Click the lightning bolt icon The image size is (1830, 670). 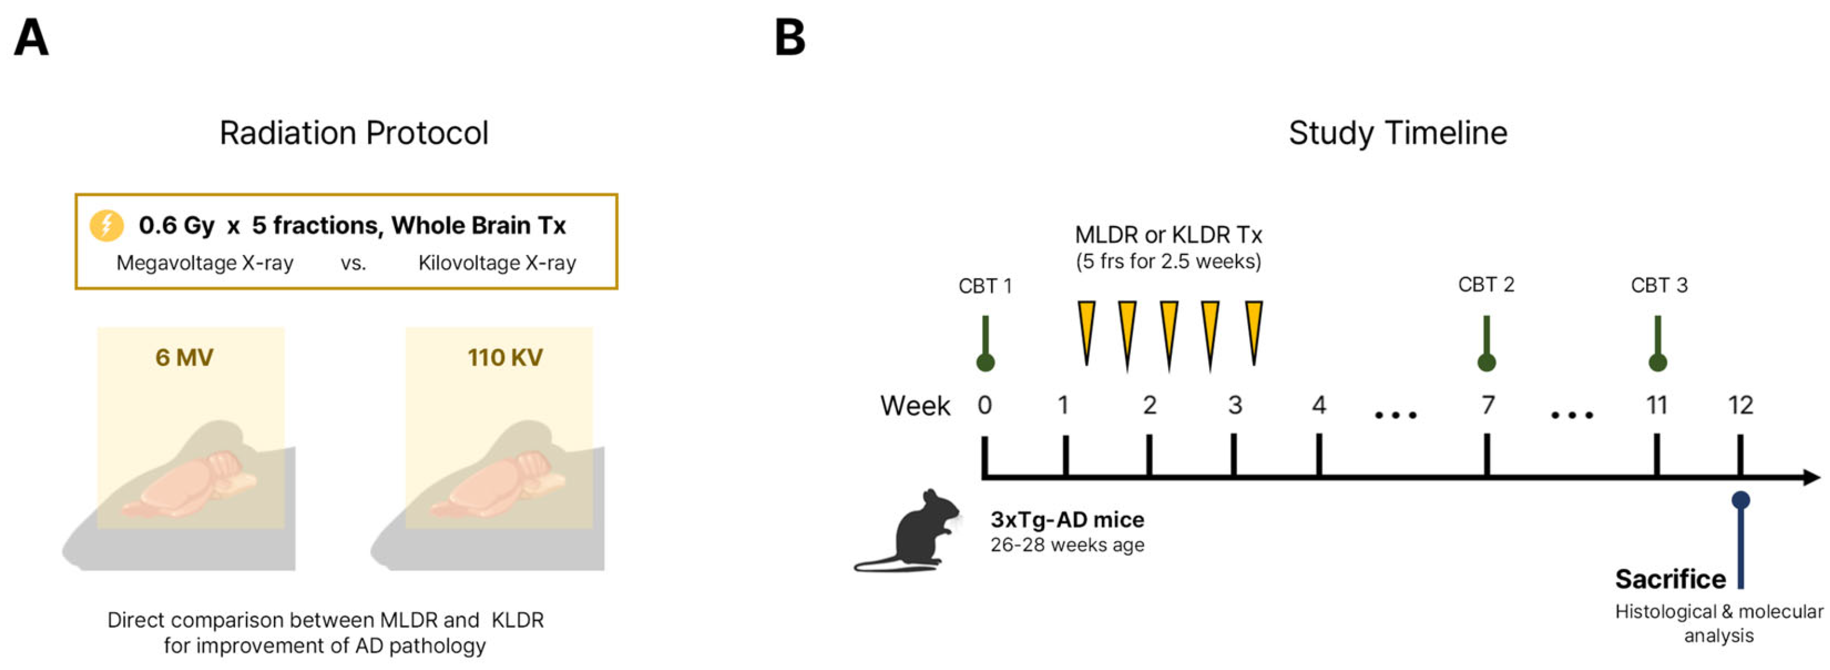106,225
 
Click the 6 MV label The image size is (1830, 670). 184,357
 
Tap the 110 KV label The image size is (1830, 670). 504,357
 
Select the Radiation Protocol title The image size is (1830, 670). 354,133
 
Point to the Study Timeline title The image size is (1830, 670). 1397,133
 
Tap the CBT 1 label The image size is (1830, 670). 985,286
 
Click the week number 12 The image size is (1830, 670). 1740,405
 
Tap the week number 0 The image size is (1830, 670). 985,405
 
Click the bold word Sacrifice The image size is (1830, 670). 1670,579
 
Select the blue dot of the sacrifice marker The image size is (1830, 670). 1740,500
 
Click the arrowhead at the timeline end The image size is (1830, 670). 1812,477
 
